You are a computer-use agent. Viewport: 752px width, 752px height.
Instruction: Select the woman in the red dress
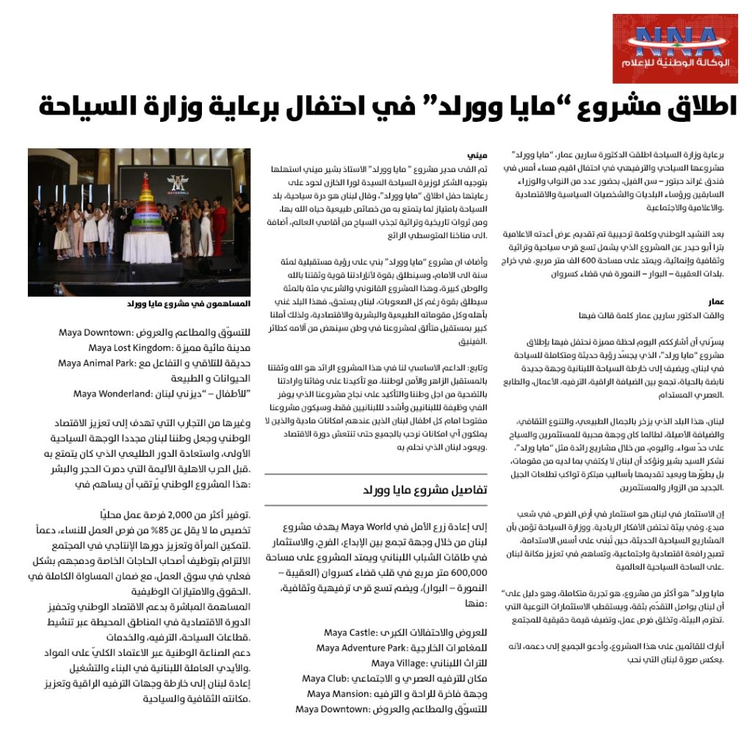219,228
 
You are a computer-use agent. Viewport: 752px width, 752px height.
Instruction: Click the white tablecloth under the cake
146,250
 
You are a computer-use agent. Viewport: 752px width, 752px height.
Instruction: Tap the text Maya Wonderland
112,394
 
